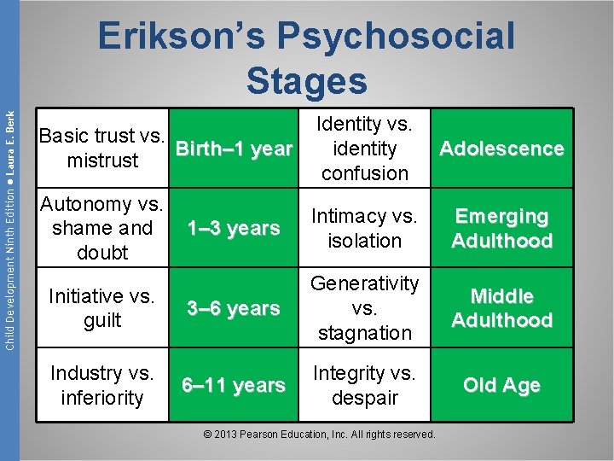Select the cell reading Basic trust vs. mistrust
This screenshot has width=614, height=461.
[102, 149]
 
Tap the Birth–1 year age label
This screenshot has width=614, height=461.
[234, 149]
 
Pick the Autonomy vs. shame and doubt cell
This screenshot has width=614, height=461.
[102, 228]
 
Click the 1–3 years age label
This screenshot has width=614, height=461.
[234, 228]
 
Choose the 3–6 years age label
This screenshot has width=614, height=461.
[234, 308]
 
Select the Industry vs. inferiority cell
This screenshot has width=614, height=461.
[102, 385]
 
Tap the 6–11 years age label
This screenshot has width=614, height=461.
[234, 385]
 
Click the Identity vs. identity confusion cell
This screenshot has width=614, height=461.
[365, 149]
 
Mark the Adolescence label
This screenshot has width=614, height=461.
[501, 149]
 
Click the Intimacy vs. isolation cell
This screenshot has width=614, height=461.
[365, 228]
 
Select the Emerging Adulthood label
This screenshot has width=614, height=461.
[501, 228]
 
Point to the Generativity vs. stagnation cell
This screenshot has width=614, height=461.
[365, 307]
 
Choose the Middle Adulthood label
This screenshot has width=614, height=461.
[501, 308]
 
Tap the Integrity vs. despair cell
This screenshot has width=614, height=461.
[365, 385]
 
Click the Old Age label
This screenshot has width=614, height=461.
[501, 385]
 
